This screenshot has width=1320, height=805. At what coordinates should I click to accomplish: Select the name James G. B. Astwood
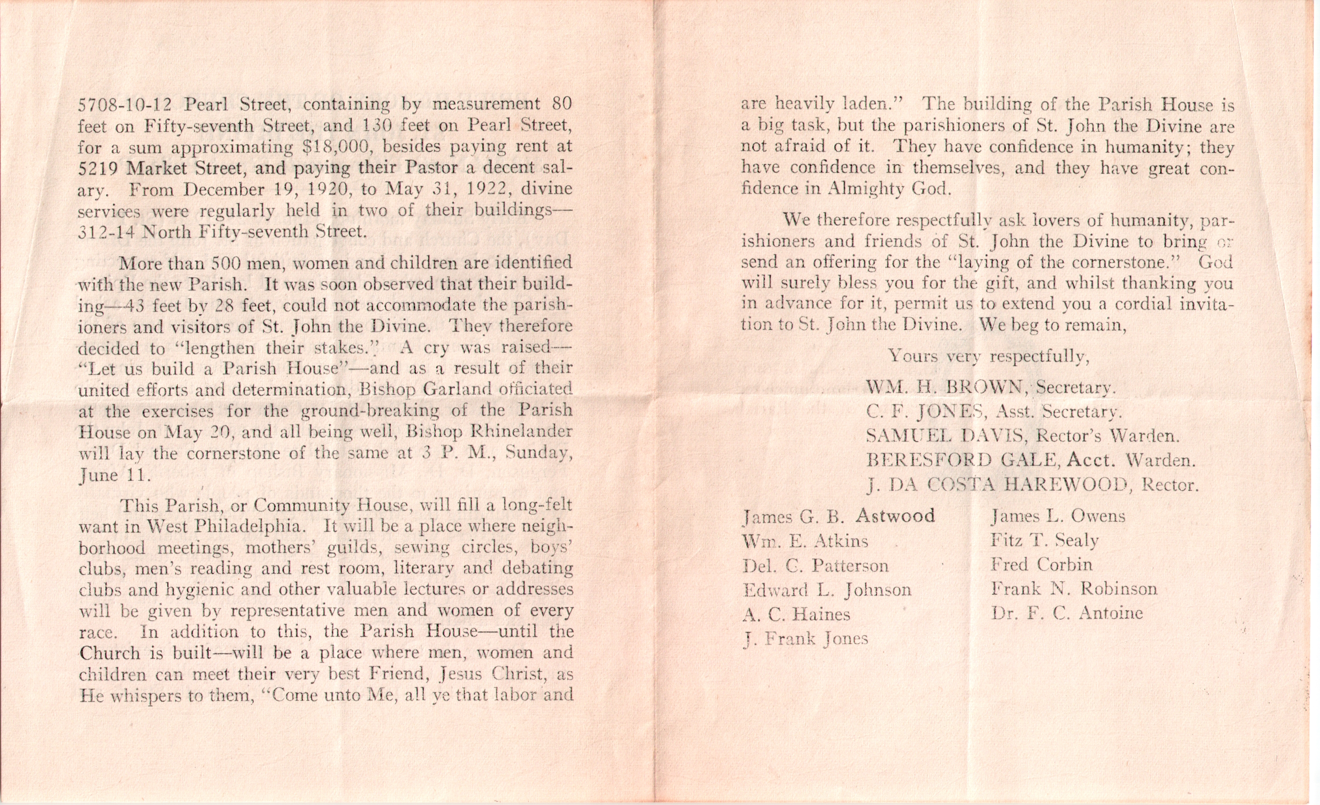click(x=839, y=516)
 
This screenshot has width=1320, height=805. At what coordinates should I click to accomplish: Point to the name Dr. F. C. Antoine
click(x=1067, y=613)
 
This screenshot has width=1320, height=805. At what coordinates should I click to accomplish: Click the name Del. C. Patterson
click(x=815, y=566)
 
